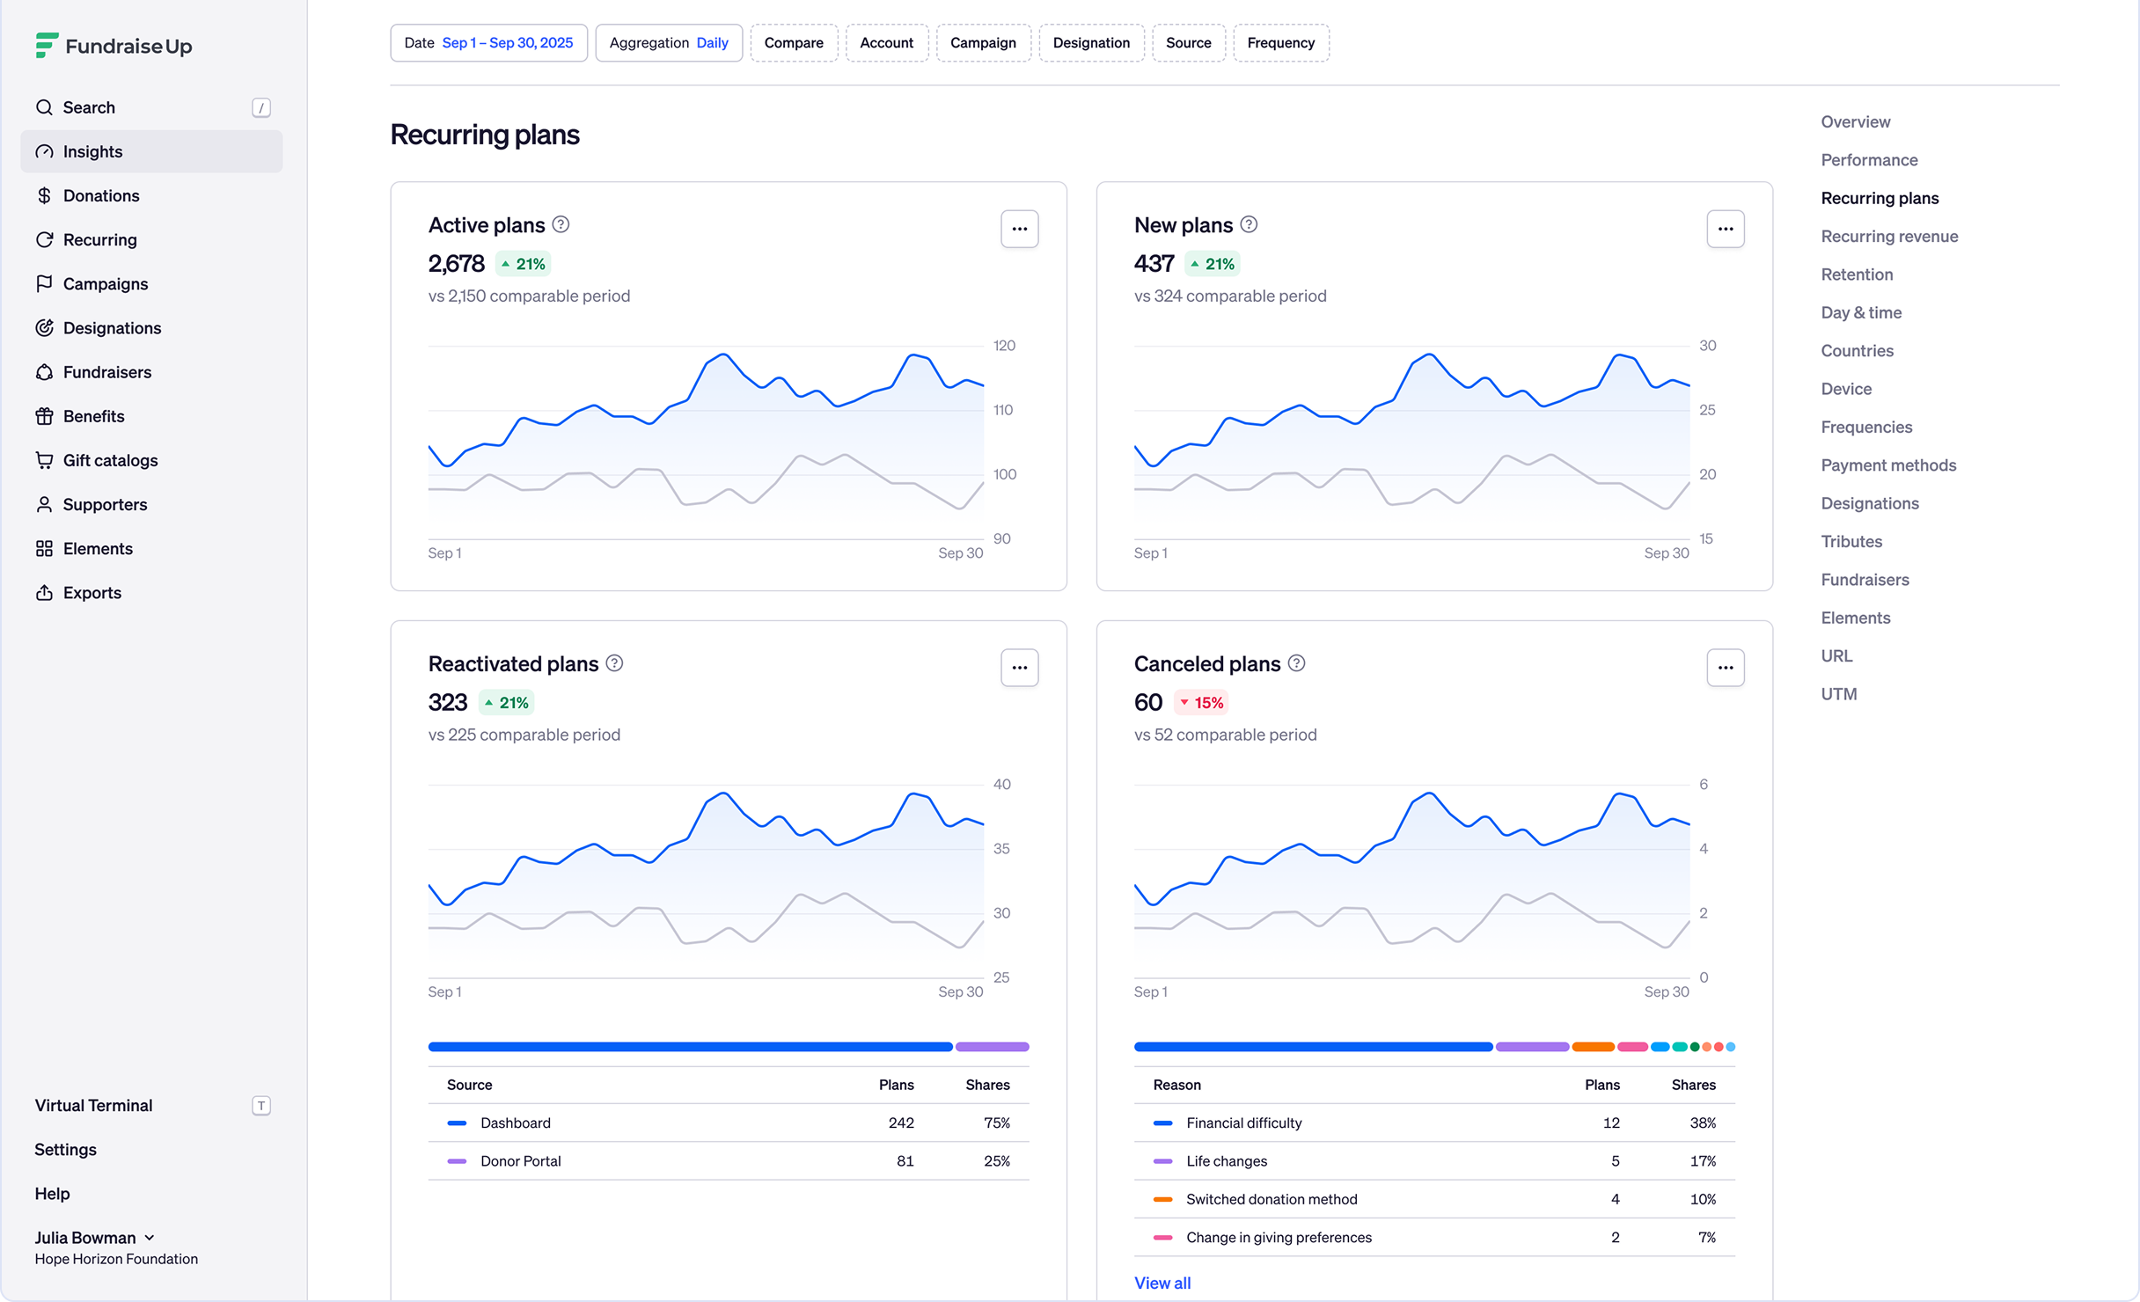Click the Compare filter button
point(794,43)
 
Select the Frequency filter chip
point(1280,43)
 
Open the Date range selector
point(488,43)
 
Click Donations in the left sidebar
point(101,195)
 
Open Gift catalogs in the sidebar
point(110,460)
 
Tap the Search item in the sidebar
point(89,107)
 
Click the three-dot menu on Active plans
point(1019,229)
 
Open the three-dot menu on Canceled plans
point(1725,668)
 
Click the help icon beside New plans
point(1249,224)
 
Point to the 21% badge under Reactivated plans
point(507,703)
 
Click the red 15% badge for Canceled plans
point(1201,703)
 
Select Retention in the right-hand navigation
point(1857,274)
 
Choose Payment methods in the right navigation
point(1888,465)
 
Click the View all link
point(1162,1283)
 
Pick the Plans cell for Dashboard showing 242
point(901,1123)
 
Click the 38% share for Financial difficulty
point(1703,1123)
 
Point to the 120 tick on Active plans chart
point(1004,346)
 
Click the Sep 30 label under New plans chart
point(1666,553)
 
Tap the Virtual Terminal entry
point(94,1105)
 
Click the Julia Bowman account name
point(85,1238)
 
